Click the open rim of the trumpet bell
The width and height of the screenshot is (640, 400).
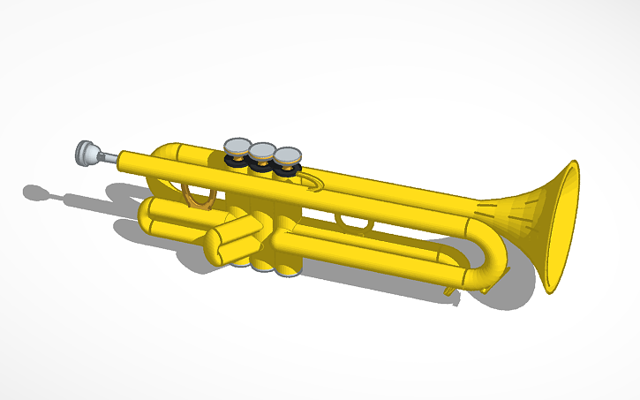562,227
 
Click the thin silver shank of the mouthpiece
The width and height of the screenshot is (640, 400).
108,158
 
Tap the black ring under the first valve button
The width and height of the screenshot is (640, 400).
237,161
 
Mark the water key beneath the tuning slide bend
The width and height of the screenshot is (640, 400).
453,289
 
